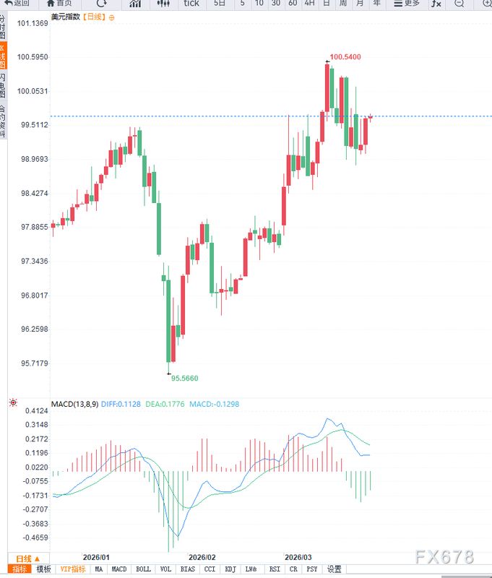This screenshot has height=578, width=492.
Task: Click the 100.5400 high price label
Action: point(345,56)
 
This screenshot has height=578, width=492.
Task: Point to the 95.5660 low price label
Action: point(184,378)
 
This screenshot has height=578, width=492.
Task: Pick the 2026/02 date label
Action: point(202,557)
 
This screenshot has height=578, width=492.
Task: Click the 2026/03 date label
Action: point(298,557)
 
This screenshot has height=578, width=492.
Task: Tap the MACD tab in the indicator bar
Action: point(119,569)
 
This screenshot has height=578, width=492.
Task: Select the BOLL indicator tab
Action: point(143,569)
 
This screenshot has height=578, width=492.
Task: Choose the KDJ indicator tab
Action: point(230,569)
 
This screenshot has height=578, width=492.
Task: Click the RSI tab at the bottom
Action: point(275,569)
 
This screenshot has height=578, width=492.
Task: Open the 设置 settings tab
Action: point(333,569)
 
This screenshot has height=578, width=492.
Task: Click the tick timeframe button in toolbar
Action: point(191,4)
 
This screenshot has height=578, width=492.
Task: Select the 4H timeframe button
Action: point(309,4)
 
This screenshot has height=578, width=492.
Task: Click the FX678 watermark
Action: point(444,556)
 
